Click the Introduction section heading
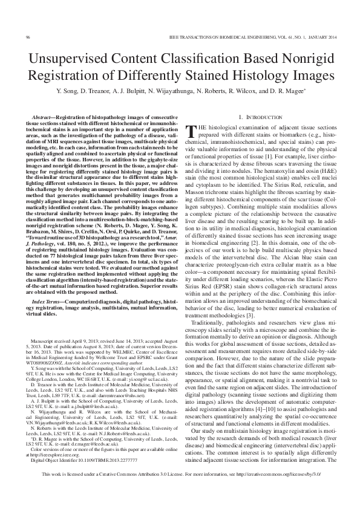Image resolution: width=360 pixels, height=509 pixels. click(x=262, y=116)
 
